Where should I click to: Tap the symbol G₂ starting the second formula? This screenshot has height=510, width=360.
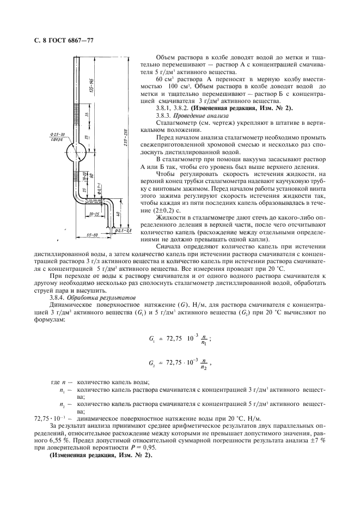click(x=151, y=362)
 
